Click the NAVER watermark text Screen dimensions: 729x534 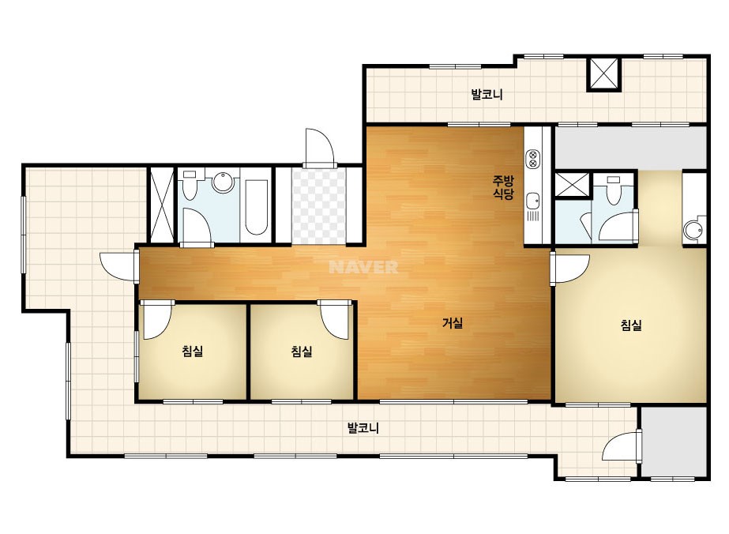[x=363, y=267]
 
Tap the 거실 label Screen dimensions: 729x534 [x=453, y=323]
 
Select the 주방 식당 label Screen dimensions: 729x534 [x=504, y=186]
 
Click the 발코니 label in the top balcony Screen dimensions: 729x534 [x=487, y=95]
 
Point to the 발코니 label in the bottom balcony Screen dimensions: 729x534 [x=363, y=428]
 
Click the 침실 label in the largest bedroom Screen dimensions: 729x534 [x=631, y=325]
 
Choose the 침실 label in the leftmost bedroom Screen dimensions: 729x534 [x=193, y=351]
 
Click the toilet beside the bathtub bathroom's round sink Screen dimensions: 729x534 [x=190, y=185]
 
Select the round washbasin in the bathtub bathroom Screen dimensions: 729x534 [x=223, y=182]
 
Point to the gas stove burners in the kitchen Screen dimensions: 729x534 [x=533, y=159]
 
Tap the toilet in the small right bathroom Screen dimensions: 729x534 [x=614, y=190]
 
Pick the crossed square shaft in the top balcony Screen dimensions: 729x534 [x=603, y=73]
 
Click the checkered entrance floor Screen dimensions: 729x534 [x=319, y=206]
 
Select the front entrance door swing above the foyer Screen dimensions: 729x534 [x=319, y=147]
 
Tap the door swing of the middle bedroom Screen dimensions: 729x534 [x=334, y=319]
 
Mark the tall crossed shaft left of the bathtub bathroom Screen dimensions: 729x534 [x=162, y=205]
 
